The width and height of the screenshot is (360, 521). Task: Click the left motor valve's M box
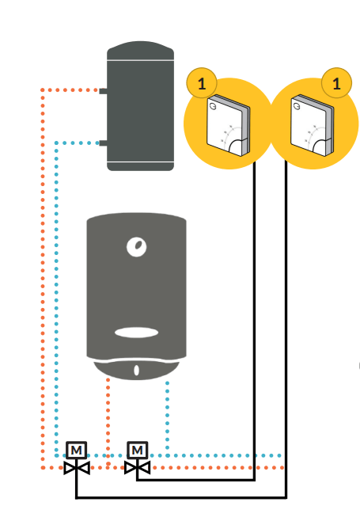click(77, 451)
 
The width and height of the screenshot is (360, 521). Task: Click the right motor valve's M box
click(137, 451)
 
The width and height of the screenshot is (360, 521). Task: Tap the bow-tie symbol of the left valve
click(77, 468)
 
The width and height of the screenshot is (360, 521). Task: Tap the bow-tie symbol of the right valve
click(137, 468)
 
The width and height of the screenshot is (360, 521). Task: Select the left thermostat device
click(228, 125)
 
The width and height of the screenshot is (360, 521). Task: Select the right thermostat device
click(312, 125)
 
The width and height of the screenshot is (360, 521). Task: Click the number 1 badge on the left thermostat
click(202, 83)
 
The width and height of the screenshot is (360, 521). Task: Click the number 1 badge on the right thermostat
click(336, 83)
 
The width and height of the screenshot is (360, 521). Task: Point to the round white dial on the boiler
click(137, 247)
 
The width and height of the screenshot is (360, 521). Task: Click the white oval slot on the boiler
click(137, 333)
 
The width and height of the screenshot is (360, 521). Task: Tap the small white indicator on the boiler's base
click(137, 370)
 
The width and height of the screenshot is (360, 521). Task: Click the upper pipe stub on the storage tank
click(103, 91)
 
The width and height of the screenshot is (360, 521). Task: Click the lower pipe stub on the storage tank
click(103, 143)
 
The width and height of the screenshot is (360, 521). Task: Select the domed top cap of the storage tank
click(140, 50)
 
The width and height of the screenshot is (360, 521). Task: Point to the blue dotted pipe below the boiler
click(168, 420)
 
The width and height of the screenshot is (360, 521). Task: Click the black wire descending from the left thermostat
click(255, 321)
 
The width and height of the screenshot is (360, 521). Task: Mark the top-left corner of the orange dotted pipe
click(43, 90)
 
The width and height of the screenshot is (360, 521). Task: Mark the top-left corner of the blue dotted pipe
click(56, 143)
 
